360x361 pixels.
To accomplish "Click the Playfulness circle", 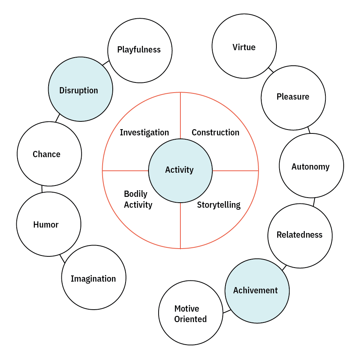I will point(140,50).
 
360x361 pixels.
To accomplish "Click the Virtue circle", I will point(244,46).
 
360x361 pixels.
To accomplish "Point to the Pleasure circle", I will point(293,98).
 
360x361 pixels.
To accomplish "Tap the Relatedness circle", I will point(300,235).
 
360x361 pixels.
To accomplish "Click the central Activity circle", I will point(180,170).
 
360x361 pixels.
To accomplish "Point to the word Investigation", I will point(144,133).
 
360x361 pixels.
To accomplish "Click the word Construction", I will point(215,133).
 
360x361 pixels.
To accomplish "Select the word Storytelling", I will point(218,205).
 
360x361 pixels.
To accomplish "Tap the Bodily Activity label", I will point(138,200).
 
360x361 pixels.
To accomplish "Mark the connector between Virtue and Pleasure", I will point(271,70).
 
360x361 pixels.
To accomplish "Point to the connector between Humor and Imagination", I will point(62,258).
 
